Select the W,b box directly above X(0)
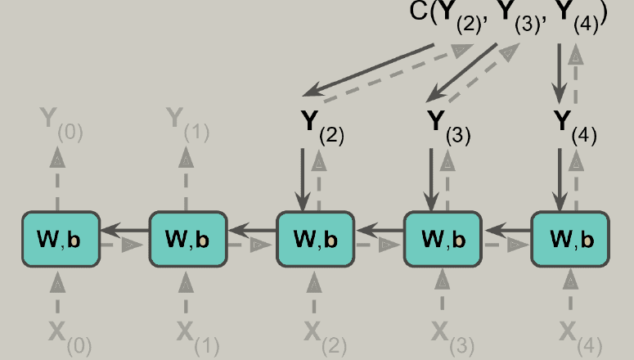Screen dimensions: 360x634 [x=61, y=239]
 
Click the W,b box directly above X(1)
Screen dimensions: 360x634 [x=188, y=239]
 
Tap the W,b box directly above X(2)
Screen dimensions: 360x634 [x=316, y=239]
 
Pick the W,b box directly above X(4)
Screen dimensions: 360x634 [x=570, y=239]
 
